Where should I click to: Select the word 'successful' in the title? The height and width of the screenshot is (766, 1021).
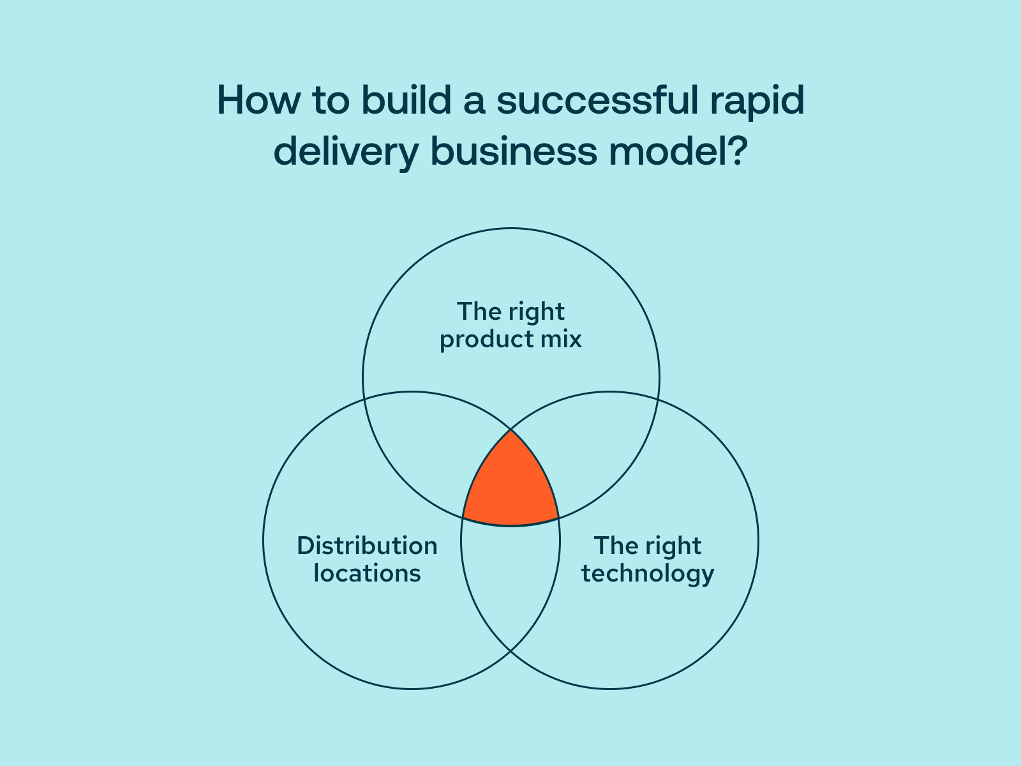pos(597,101)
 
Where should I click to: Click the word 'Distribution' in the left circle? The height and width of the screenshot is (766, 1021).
pos(368,546)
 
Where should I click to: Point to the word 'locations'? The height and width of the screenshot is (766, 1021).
pos(368,573)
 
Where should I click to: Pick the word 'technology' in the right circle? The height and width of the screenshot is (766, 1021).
pos(648,573)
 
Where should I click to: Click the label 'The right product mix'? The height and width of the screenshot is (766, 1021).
pos(511,326)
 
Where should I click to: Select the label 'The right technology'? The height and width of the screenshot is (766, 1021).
pos(648,559)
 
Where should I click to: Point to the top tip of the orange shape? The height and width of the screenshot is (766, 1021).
pos(511,432)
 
